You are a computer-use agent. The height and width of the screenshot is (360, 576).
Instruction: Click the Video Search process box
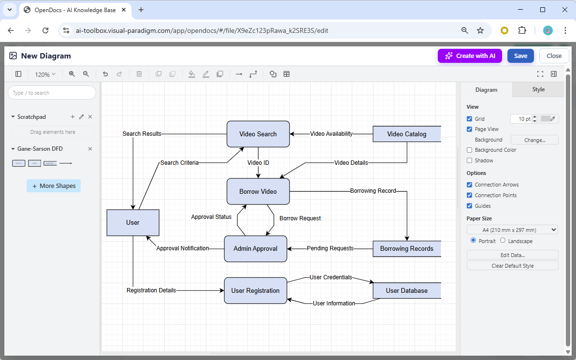pos(258,134)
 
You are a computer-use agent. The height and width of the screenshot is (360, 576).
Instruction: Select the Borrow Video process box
pos(258,191)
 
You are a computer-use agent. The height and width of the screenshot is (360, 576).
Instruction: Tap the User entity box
pos(133,223)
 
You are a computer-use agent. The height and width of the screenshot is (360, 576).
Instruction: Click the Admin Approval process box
pos(256,249)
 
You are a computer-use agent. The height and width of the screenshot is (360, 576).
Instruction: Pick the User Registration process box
pos(256,290)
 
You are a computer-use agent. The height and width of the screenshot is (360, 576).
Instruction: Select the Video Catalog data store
pos(406,134)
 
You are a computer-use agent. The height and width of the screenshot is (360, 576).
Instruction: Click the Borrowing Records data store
pos(406,249)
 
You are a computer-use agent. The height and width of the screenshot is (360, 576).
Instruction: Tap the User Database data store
pos(406,290)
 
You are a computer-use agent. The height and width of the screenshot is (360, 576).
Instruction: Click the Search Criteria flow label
pos(179,163)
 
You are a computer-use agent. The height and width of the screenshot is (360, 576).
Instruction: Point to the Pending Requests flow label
pos(330,248)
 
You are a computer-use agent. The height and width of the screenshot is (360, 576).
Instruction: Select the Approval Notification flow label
pos(183,248)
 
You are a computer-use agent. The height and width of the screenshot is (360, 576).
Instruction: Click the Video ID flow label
pos(258,163)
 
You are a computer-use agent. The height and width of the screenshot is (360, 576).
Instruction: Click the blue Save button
pos(520,56)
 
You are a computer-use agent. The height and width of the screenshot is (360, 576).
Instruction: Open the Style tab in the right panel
pos(538,89)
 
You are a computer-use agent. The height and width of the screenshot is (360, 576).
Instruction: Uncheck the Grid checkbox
pos(470,119)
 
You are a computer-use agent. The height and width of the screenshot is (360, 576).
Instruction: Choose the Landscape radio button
pos(503,241)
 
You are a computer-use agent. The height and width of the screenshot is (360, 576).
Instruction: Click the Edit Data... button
pos(512,255)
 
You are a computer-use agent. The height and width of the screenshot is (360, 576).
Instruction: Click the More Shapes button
pos(54,186)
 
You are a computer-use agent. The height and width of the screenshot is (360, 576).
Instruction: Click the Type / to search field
pos(52,93)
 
